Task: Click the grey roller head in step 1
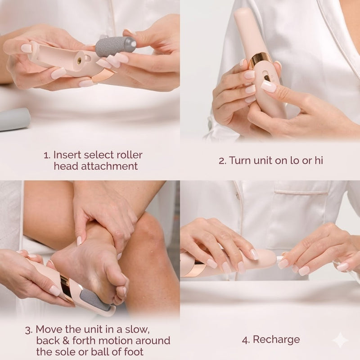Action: coord(115,46)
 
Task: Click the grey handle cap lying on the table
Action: coord(13,119)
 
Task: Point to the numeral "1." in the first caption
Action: coord(47,155)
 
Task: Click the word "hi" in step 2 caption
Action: coord(318,161)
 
